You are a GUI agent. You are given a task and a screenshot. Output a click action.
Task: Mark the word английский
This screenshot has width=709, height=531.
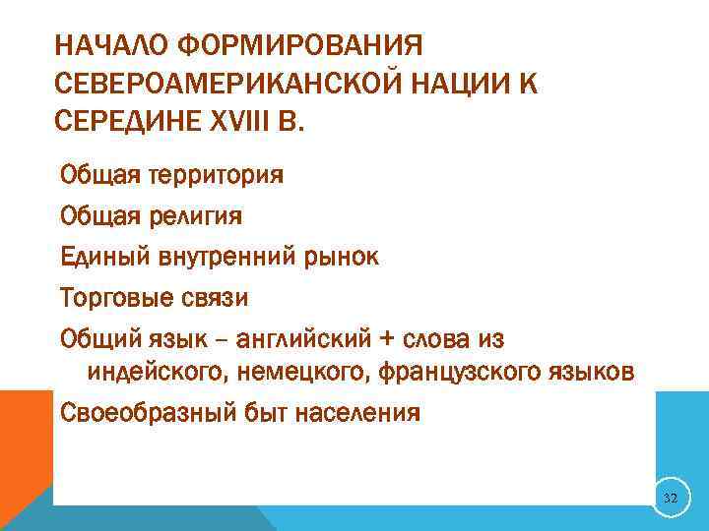(x=292, y=338)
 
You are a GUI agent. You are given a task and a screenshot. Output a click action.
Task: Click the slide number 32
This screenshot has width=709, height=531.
(x=670, y=500)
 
